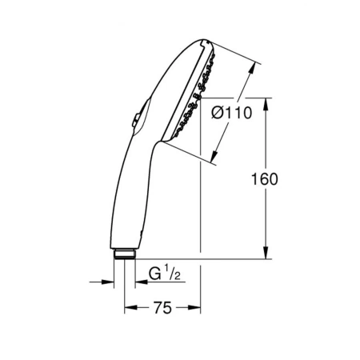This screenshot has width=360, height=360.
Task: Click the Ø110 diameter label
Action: pyautogui.click(x=231, y=113)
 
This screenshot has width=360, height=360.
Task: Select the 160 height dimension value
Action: pyautogui.click(x=265, y=179)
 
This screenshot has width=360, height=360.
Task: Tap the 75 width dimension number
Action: pyautogui.click(x=162, y=308)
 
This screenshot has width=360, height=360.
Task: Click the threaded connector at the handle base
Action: pyautogui.click(x=125, y=254)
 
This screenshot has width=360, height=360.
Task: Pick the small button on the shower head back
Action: pyautogui.click(x=136, y=120)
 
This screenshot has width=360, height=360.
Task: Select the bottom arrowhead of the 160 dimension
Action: pyautogui.click(x=266, y=253)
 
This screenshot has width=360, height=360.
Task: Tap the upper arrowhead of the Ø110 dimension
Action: pyautogui.click(x=251, y=69)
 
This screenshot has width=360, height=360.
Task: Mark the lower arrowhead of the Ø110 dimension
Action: pyautogui.click(x=214, y=156)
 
